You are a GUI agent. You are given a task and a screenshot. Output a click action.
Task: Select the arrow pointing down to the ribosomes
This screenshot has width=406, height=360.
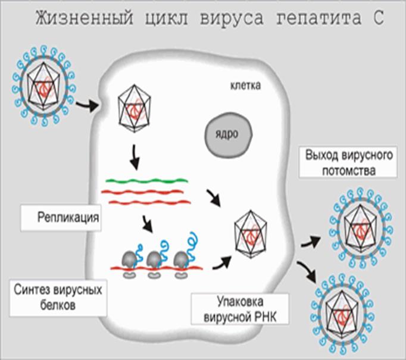tap(148, 224)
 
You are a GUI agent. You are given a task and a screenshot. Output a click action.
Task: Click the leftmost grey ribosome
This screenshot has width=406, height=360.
tap(129, 259)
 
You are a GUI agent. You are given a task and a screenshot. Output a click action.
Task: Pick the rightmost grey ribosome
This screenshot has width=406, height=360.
tap(180, 259)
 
